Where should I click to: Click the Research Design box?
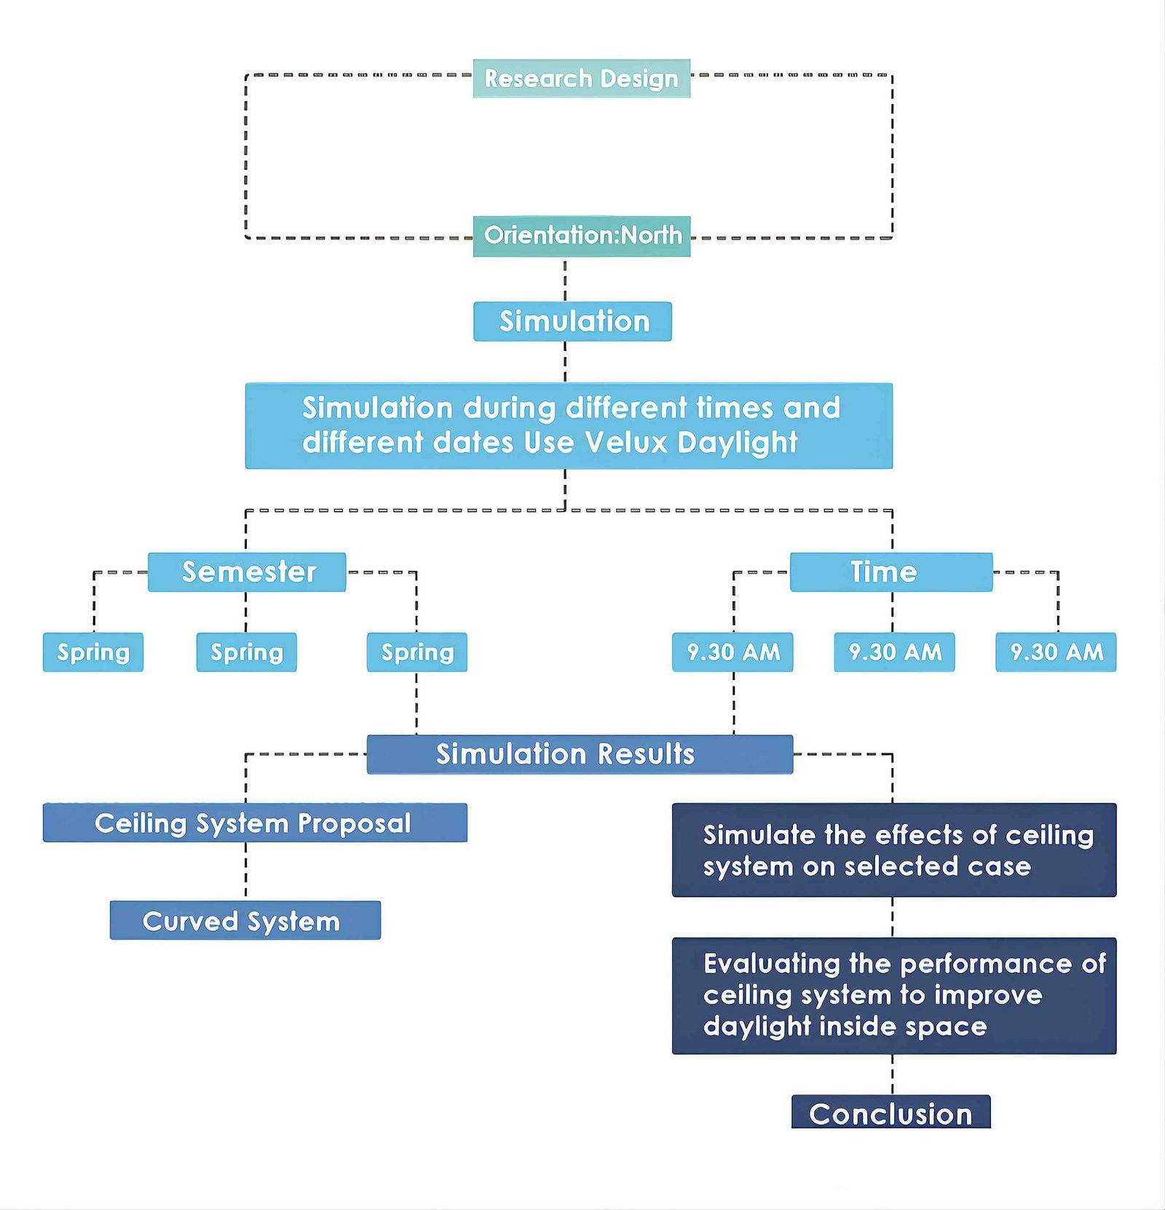click(581, 78)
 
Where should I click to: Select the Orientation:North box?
click(581, 236)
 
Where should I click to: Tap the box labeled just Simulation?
click(572, 321)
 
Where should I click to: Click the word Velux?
click(626, 442)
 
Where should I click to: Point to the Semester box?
click(247, 572)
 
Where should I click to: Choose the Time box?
click(891, 572)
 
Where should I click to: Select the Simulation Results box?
click(580, 754)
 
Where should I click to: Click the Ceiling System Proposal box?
click(255, 823)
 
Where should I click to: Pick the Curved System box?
click(245, 920)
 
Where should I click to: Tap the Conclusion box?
click(891, 1112)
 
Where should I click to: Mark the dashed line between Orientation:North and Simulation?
click(565, 280)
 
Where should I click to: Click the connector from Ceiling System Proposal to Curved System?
click(246, 871)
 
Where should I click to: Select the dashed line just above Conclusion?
click(893, 1075)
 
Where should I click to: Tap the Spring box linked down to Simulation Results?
click(416, 652)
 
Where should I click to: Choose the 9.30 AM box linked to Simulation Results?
click(732, 652)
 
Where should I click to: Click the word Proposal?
click(354, 823)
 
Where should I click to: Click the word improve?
click(987, 996)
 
